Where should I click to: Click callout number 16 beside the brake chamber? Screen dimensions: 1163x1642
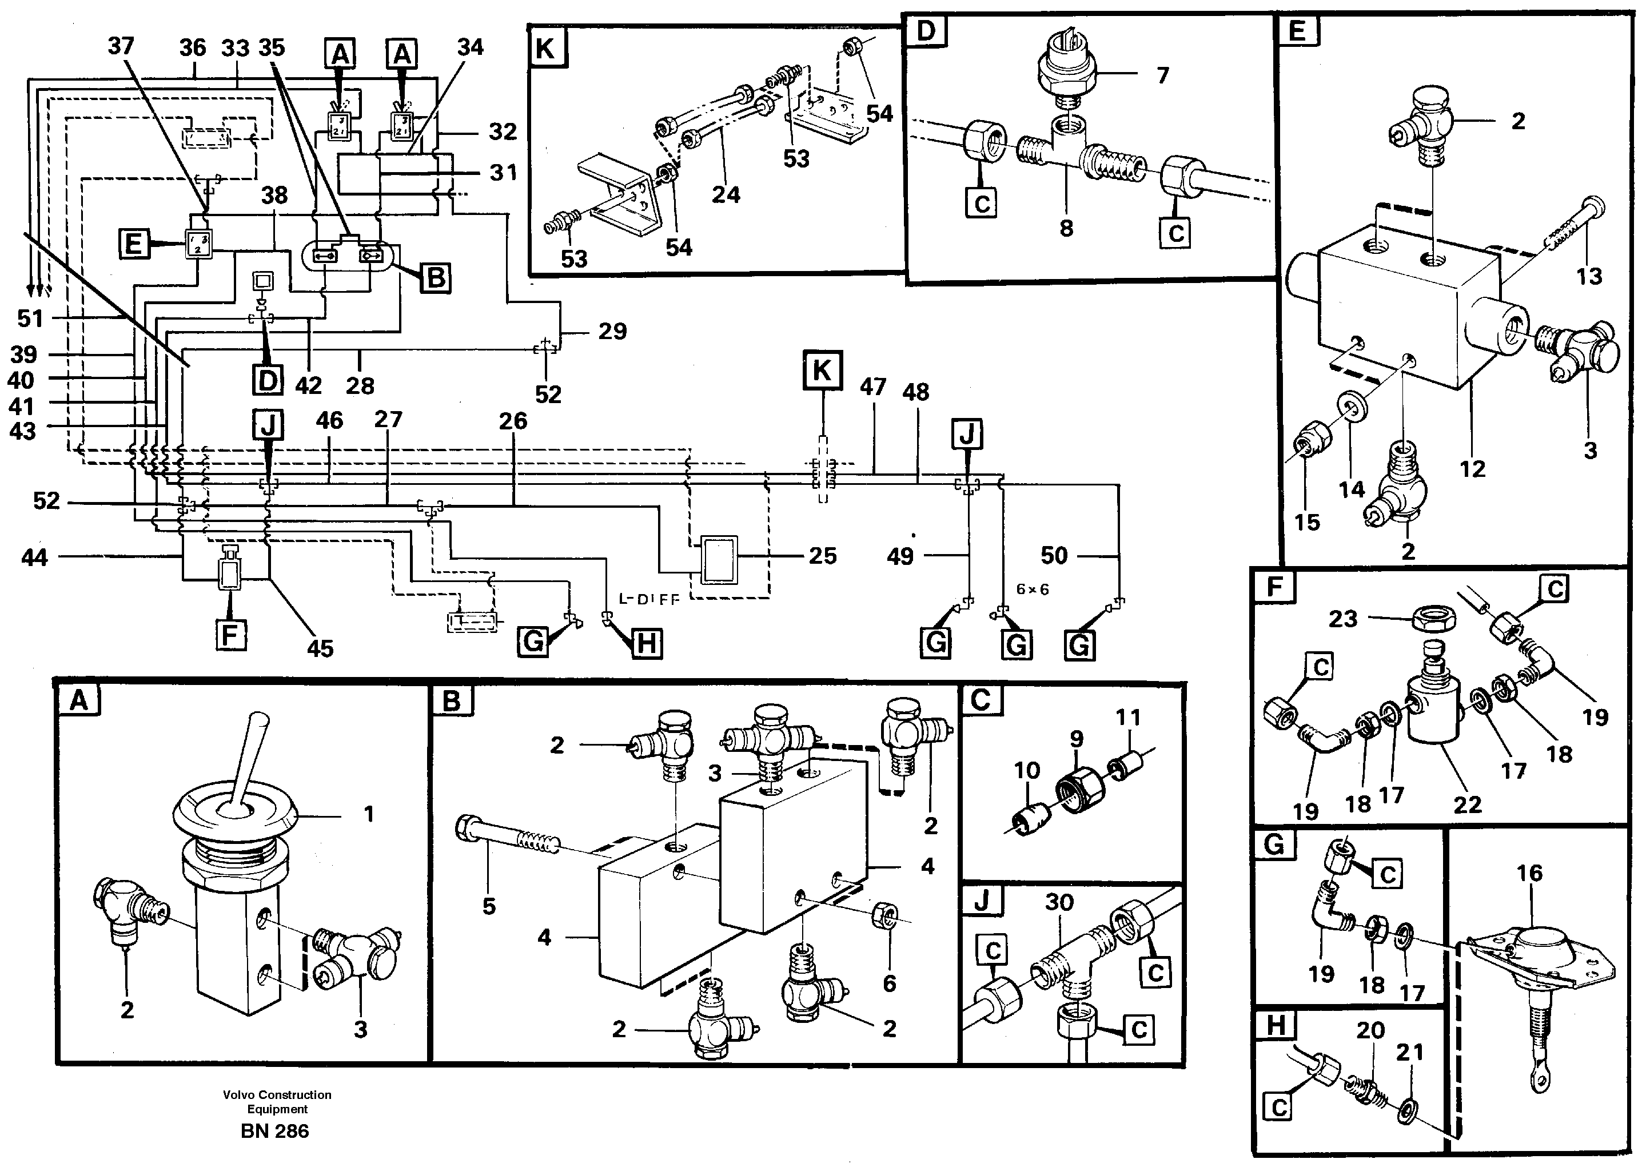1529,873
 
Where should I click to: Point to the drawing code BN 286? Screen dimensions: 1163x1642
275,1131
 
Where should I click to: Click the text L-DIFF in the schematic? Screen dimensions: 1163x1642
648,599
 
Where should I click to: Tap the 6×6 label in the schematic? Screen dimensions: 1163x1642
1032,589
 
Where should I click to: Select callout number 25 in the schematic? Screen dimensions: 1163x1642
822,556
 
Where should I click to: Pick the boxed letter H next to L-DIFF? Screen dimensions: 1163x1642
646,643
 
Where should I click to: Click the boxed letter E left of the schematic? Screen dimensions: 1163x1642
134,244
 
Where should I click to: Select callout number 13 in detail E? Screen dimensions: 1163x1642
1588,276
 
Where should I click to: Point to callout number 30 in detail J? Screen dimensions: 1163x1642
1058,902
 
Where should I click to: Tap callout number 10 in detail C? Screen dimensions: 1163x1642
1026,771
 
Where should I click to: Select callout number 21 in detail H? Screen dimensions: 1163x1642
1409,1052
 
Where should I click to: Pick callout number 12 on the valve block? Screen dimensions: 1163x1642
1472,469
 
